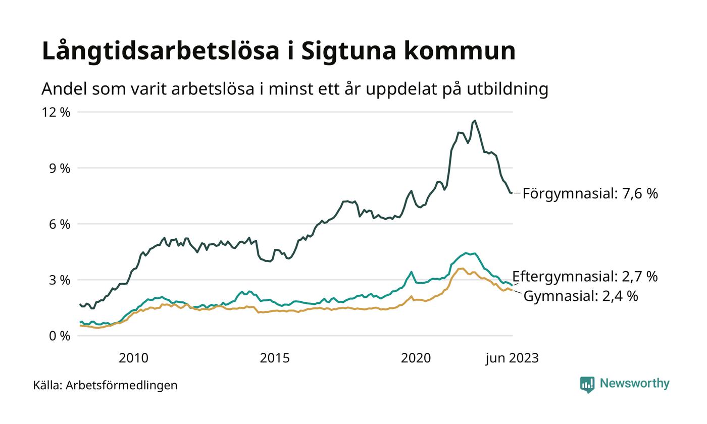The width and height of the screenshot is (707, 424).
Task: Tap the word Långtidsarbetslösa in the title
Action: (161, 52)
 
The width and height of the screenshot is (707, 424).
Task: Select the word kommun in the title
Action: (460, 51)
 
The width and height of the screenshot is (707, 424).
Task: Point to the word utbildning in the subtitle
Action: (507, 89)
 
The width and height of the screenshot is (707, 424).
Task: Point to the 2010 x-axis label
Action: (133, 358)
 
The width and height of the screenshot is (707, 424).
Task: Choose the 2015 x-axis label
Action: (275, 358)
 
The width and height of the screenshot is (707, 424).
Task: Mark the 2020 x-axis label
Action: (416, 358)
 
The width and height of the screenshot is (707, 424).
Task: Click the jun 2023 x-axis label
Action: (512, 358)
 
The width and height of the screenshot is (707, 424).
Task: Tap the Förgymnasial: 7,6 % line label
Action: (590, 194)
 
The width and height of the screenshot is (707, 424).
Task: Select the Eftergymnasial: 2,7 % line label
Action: (585, 277)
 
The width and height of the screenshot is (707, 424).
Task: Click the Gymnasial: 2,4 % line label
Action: (580, 296)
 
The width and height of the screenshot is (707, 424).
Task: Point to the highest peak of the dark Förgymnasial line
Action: (474, 121)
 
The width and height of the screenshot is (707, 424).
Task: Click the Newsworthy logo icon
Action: (587, 385)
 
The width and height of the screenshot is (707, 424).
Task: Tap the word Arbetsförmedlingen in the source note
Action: (121, 386)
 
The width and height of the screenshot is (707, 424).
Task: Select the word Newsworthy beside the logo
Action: (634, 384)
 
